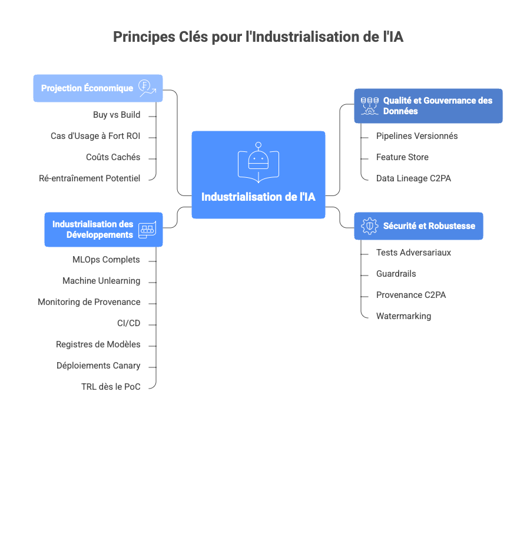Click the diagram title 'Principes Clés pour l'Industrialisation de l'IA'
click(258, 37)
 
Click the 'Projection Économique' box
click(87, 88)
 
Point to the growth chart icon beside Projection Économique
click(147, 88)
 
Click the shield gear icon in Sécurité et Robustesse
click(369, 226)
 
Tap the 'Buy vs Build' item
click(117, 115)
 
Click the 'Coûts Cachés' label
click(113, 157)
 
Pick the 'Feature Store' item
click(402, 157)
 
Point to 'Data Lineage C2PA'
click(413, 178)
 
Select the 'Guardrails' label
click(396, 274)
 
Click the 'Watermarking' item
click(403, 316)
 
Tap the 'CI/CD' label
click(128, 323)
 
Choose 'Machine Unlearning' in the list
click(101, 281)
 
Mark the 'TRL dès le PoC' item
click(111, 387)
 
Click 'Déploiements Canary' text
click(98, 366)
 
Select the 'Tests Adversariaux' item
click(413, 253)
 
